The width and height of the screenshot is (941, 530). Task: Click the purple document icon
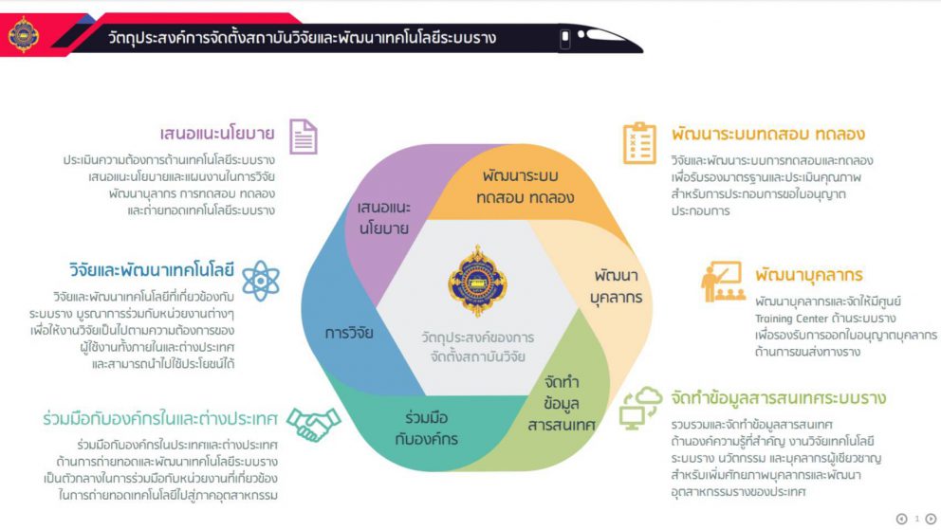pyautogui.click(x=303, y=137)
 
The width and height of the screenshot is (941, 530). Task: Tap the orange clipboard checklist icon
pyautogui.click(x=639, y=143)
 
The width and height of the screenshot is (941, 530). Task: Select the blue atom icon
pyautogui.click(x=261, y=281)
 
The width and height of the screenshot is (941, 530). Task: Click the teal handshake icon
pyautogui.click(x=313, y=424)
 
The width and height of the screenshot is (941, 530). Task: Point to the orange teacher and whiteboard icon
pyautogui.click(x=723, y=282)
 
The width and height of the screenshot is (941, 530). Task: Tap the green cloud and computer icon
pyautogui.click(x=641, y=409)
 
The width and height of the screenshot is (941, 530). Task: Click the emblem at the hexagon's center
pyautogui.click(x=478, y=281)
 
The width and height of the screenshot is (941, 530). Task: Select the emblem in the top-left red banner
pyautogui.click(x=24, y=35)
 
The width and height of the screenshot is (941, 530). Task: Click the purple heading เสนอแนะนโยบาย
pyautogui.click(x=217, y=133)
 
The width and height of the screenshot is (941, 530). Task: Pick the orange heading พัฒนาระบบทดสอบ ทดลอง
pyautogui.click(x=768, y=134)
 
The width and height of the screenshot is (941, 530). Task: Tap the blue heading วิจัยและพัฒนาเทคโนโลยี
pyautogui.click(x=151, y=270)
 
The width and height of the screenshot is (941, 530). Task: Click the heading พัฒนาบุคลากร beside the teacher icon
pyautogui.click(x=809, y=275)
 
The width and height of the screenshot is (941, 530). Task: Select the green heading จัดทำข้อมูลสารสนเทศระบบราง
pyautogui.click(x=779, y=397)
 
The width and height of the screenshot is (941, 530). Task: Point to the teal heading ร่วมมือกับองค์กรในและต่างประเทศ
pyautogui.click(x=160, y=418)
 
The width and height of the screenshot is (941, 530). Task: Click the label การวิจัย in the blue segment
pyautogui.click(x=349, y=333)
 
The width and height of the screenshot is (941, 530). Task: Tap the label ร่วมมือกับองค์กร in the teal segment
pyautogui.click(x=427, y=429)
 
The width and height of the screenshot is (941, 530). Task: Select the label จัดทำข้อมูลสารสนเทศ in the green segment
pyautogui.click(x=562, y=403)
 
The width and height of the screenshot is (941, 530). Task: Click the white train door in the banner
pyautogui.click(x=564, y=39)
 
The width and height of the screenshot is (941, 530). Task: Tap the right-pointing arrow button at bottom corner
pyautogui.click(x=931, y=519)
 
